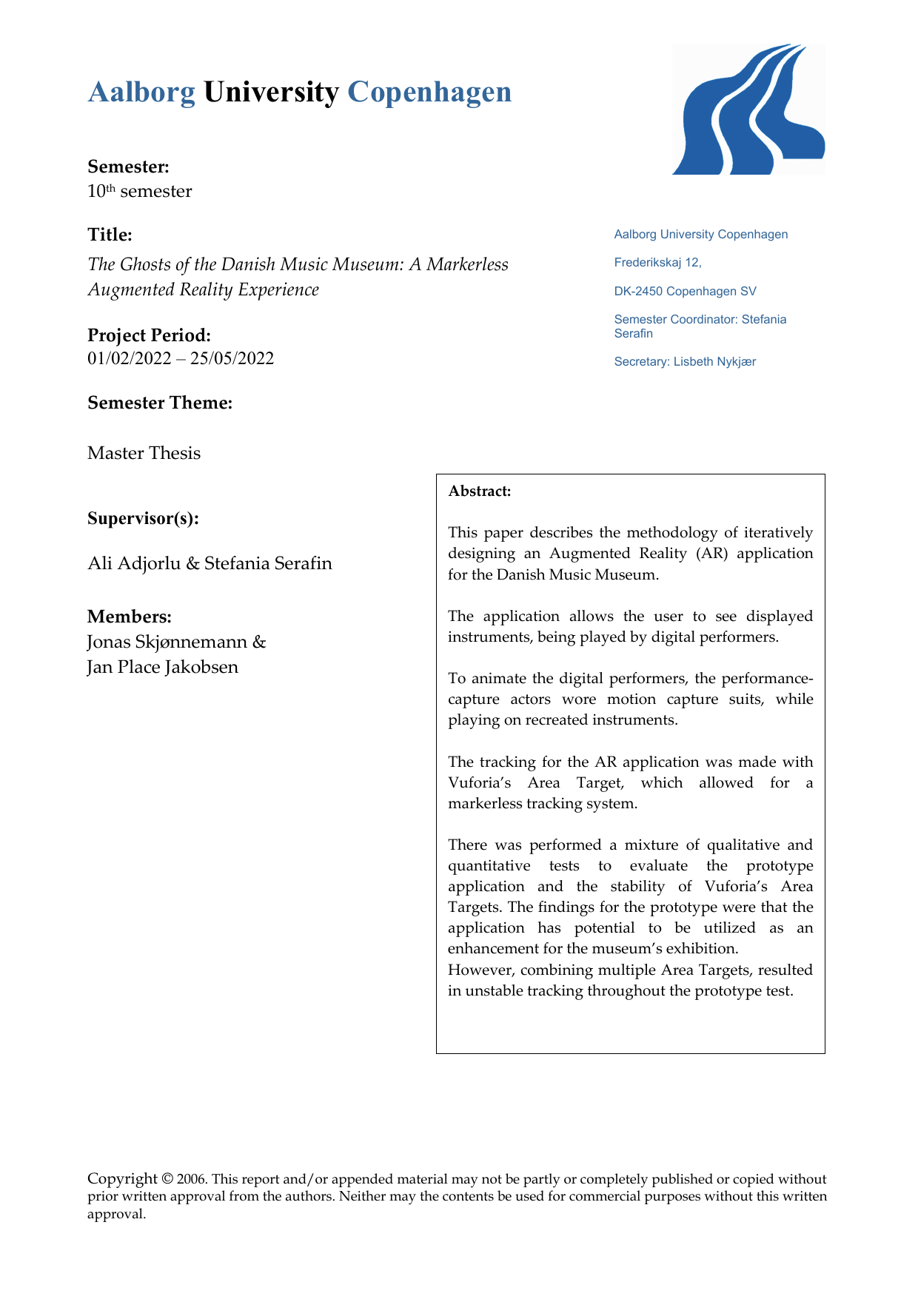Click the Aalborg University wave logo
[748, 110]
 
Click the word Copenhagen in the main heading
[429, 93]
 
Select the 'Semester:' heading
[128, 167]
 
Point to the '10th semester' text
[139, 192]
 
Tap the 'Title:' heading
[110, 235]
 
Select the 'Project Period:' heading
[149, 335]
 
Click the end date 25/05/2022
[232, 359]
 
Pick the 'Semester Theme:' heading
[160, 403]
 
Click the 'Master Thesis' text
[144, 453]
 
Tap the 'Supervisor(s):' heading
[143, 518]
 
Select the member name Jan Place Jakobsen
[163, 667]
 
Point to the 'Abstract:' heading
[480, 491]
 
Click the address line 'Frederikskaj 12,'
[657, 263]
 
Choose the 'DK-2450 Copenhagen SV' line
[685, 292]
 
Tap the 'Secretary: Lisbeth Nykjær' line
[685, 362]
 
